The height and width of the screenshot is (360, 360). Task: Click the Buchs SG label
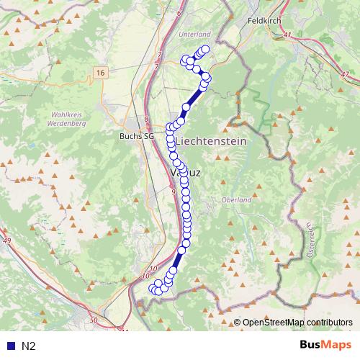137,135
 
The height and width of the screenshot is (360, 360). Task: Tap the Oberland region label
236,199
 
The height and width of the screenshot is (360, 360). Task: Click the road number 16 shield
100,73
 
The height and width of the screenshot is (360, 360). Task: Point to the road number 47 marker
345,74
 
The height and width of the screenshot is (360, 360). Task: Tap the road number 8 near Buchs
147,120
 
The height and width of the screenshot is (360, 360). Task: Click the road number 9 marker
174,192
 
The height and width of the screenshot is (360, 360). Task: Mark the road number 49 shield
7,240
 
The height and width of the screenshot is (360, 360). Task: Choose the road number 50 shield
94,319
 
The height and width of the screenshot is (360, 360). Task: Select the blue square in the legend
9,346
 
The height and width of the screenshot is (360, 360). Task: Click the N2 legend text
28,346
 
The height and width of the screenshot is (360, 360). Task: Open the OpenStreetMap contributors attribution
297,323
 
